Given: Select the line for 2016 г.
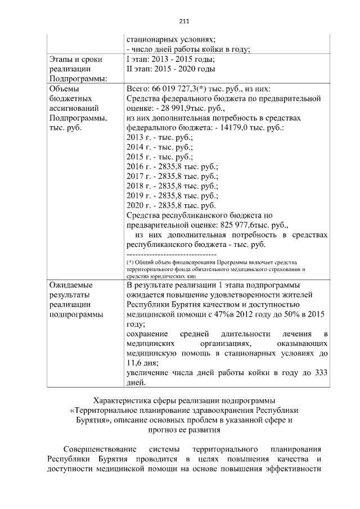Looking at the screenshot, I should [172, 167].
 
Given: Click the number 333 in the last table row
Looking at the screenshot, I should [321, 373].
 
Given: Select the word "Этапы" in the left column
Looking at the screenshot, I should [62, 59].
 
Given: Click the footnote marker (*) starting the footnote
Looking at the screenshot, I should [130, 263].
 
